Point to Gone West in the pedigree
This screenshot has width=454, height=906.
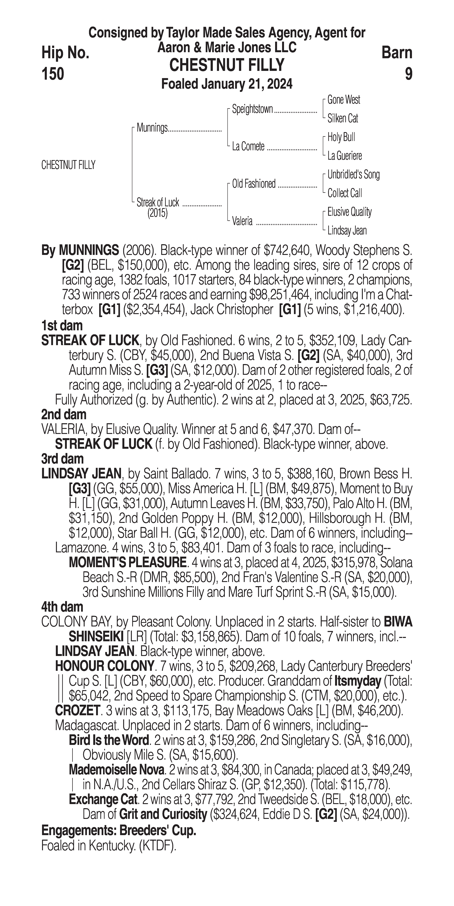click(343, 100)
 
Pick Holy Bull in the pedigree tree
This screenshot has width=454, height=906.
click(341, 137)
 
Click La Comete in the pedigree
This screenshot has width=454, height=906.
click(248, 147)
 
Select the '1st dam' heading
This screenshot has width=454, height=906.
click(62, 326)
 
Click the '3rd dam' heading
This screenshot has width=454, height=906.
click(62, 459)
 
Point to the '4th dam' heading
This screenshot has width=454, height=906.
click(62, 607)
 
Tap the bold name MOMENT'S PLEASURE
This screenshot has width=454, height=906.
click(127, 563)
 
